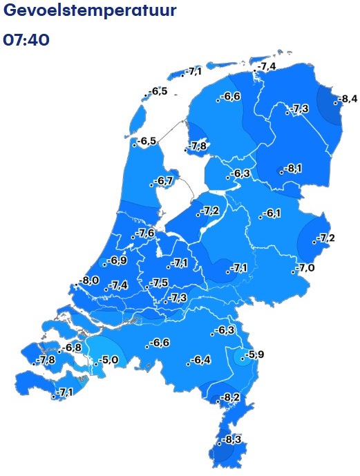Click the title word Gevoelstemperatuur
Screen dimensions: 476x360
89,12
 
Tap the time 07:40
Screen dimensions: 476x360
27,39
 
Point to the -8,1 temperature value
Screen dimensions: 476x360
293,168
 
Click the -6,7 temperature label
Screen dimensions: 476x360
164,181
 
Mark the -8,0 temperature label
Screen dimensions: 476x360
89,280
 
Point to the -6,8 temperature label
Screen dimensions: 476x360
71,347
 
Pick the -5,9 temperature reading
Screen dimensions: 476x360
254,355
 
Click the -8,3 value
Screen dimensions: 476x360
231,439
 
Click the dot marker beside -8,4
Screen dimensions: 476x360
334,103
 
